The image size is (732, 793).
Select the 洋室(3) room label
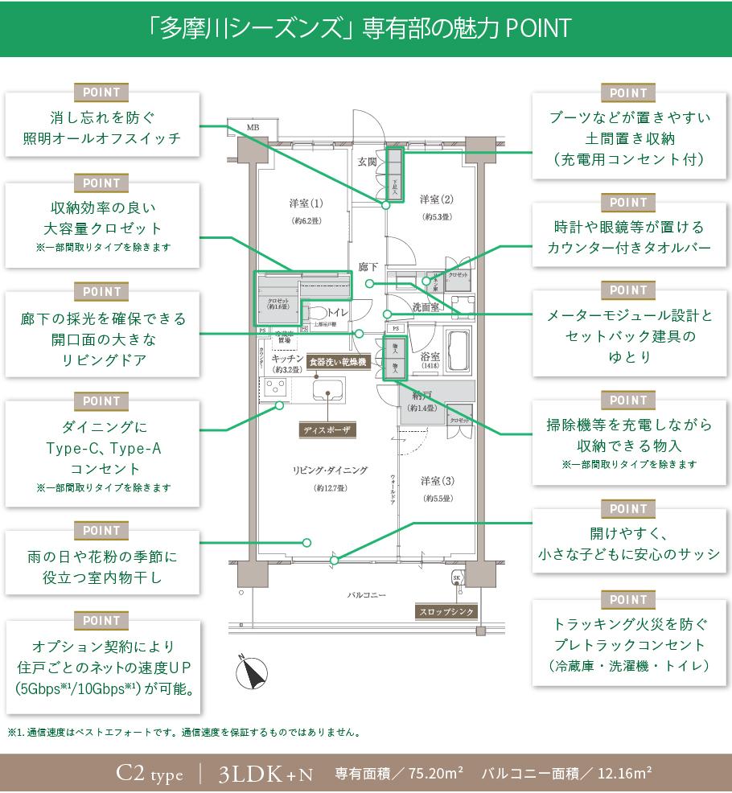(438, 481)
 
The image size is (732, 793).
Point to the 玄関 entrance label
(368, 162)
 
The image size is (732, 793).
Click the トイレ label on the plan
(337, 310)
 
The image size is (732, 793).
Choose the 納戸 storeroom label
(422, 396)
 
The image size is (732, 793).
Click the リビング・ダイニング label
(330, 470)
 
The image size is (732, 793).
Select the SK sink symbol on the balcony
(456, 577)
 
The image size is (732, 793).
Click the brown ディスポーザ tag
(327, 430)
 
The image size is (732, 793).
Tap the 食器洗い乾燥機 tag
(339, 363)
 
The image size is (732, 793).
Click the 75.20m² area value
(435, 774)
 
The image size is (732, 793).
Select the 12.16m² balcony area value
(623, 774)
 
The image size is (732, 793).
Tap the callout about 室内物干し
(101, 566)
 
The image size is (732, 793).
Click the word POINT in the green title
(538, 28)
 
